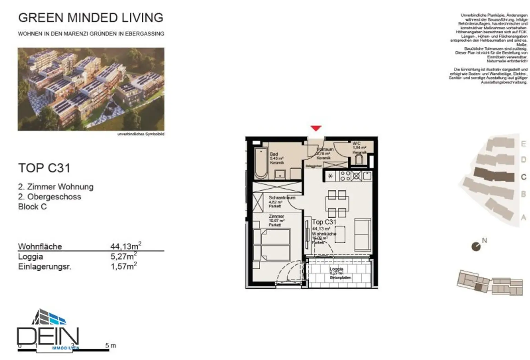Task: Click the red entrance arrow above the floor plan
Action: (x=316, y=128)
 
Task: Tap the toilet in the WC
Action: (x=359, y=159)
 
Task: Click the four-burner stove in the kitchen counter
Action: (x=345, y=176)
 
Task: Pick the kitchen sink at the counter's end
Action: (x=366, y=176)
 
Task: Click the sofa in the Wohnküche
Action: (x=362, y=231)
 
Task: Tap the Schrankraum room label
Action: (x=282, y=198)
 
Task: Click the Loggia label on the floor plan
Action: (x=336, y=269)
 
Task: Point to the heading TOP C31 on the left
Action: (x=44, y=168)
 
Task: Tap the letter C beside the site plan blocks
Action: (x=523, y=177)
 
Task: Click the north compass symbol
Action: (x=476, y=246)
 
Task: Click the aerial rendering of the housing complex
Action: (x=91, y=89)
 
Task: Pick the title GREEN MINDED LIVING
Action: (x=91, y=18)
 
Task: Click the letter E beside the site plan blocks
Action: (x=523, y=144)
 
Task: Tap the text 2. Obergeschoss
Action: (x=50, y=197)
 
